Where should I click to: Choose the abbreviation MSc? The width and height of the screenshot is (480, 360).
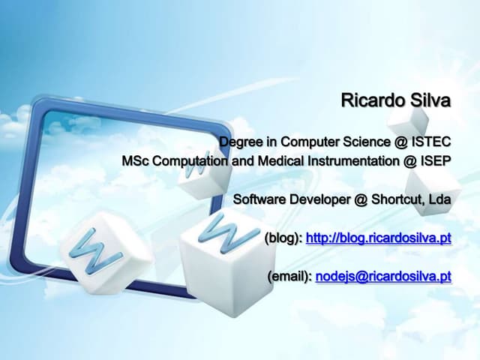136,161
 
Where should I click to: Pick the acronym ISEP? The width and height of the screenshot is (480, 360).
435,161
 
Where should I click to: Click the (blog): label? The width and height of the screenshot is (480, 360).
283,238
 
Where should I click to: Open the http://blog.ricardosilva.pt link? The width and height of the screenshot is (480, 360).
379,238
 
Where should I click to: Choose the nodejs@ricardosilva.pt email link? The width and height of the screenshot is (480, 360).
383,277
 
